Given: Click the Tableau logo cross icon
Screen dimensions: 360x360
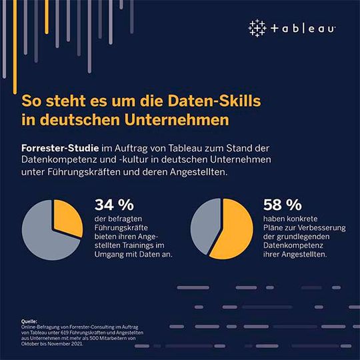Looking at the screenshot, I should (x=257, y=28).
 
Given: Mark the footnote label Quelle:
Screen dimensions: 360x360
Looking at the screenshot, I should (x=30, y=321).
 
